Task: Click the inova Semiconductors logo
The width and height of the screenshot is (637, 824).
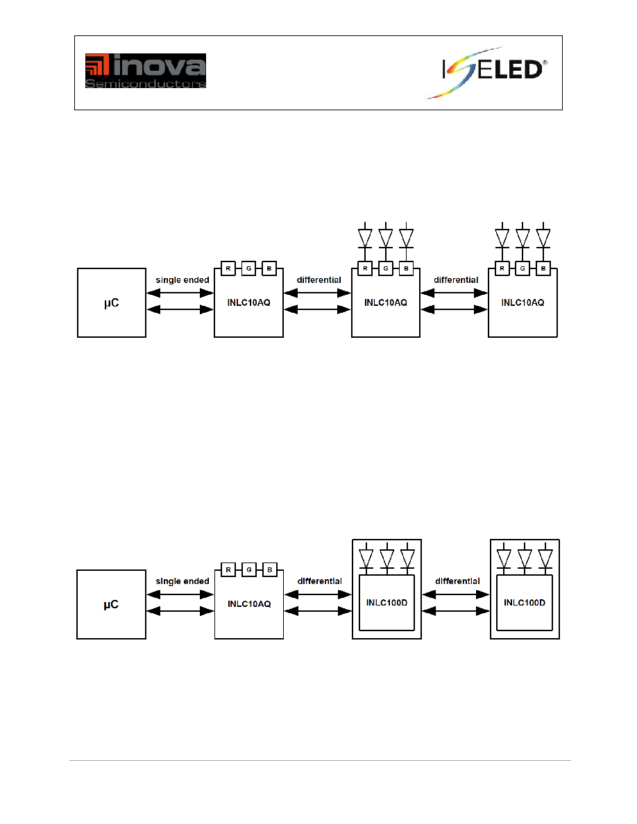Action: tap(146, 71)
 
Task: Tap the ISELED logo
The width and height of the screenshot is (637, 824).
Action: tap(486, 73)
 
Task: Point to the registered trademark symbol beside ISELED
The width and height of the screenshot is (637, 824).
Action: tap(545, 63)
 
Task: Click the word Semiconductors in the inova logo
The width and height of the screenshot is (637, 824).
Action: tap(146, 83)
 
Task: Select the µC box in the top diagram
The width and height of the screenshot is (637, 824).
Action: tap(112, 302)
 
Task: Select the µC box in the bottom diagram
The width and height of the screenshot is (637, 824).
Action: tap(112, 604)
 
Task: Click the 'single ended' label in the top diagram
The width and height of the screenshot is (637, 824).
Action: tap(182, 280)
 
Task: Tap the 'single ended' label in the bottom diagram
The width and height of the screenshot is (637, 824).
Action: tap(182, 581)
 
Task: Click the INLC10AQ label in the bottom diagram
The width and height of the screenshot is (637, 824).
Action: tap(249, 604)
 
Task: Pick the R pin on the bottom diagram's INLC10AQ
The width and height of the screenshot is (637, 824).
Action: tap(228, 569)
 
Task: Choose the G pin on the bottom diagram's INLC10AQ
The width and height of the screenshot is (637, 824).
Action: tap(249, 569)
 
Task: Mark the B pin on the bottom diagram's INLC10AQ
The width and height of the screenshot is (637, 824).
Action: tap(270, 569)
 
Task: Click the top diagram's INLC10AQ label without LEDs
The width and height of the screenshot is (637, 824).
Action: tap(248, 302)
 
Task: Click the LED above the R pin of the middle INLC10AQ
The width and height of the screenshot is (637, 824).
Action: tap(365, 238)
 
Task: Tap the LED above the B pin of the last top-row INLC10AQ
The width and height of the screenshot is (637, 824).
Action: tap(543, 238)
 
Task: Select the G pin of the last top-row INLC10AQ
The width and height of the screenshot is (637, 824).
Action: tap(523, 268)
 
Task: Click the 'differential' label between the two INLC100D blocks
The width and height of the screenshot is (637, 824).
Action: tap(458, 581)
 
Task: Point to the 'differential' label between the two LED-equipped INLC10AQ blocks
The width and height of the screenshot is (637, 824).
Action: tap(456, 280)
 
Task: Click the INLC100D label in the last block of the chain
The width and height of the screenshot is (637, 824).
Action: tap(525, 603)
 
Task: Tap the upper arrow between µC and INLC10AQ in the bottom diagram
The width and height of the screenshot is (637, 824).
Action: tap(180, 594)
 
